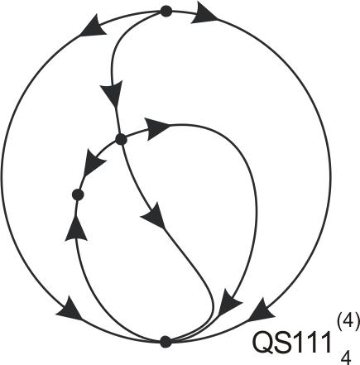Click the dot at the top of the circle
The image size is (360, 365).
pos(166,12)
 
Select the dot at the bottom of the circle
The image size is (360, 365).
pos(166,342)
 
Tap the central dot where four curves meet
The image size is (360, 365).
pos(121,139)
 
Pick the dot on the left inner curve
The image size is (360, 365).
pos(78,195)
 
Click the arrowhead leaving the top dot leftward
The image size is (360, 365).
pos(94,26)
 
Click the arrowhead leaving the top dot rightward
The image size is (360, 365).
pos(204,14)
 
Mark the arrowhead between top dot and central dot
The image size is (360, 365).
pos(112,94)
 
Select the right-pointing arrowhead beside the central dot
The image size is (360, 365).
pos(157,128)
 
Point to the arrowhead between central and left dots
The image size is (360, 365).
pos(93,163)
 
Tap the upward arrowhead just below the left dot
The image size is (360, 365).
pos(76,228)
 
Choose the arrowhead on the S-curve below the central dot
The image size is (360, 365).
pos(153,216)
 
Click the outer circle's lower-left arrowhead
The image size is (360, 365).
pos(70,309)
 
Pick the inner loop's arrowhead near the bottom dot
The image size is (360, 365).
pos(229,302)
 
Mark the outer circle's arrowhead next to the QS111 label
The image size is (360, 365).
pos(262,310)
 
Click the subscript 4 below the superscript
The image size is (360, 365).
pos(346,358)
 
